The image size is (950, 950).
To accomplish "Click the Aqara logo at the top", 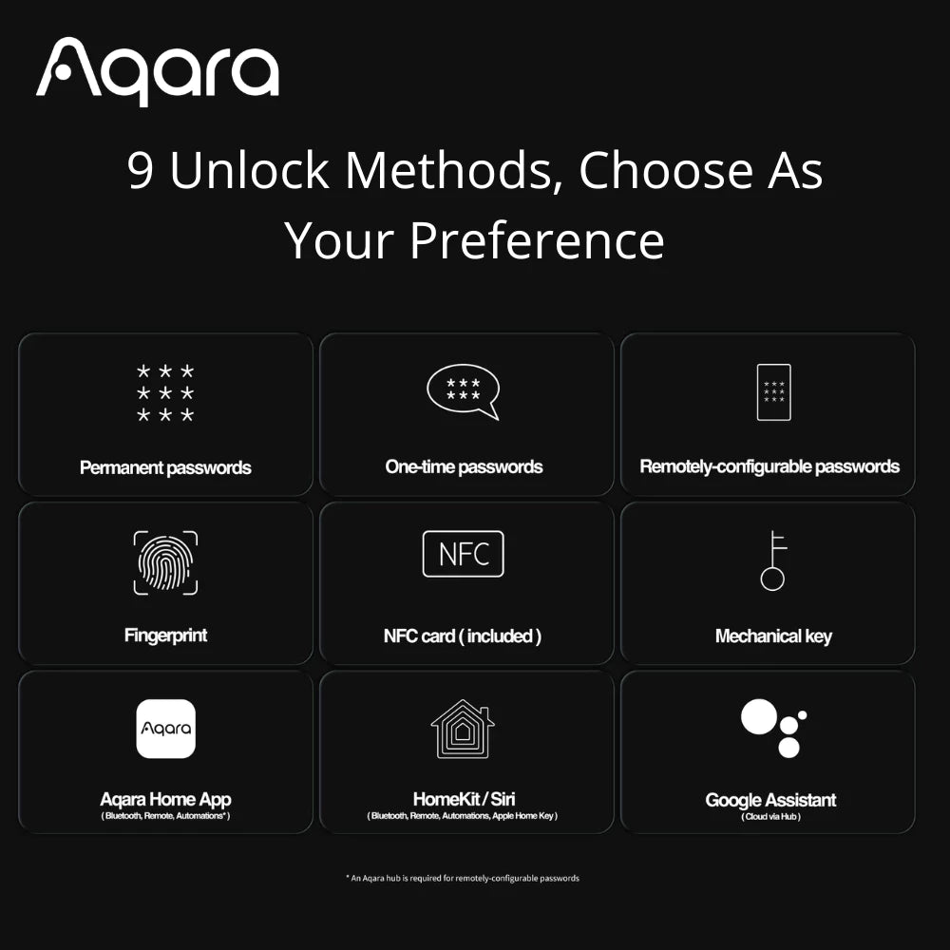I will (x=158, y=71).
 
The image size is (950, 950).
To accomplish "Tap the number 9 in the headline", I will (x=141, y=171).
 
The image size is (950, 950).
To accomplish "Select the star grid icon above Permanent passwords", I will (x=165, y=392).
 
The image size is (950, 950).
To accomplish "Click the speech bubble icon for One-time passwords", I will (x=463, y=391).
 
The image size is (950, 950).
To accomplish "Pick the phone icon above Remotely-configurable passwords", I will (x=773, y=391).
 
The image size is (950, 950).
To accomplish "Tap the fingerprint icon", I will (x=165, y=562).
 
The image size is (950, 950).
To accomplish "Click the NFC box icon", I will (x=463, y=554).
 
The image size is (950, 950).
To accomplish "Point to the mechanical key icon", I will (x=773, y=560).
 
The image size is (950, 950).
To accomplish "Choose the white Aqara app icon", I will (x=165, y=729).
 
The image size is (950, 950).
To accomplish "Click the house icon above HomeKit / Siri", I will (x=463, y=729).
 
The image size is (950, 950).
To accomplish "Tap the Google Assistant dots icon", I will (x=773, y=728).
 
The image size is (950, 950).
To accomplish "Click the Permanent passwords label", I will (x=165, y=467).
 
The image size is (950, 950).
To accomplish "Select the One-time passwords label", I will (x=464, y=466).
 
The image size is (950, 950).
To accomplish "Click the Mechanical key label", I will (x=773, y=636).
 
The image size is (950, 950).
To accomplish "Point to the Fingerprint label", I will (x=165, y=636).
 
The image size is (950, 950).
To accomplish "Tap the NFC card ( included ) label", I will (x=463, y=636).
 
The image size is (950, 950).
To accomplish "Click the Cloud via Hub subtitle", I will (x=770, y=817).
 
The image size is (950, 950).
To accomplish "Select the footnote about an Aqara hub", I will (x=462, y=879).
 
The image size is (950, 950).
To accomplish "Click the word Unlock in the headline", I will (x=249, y=171).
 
